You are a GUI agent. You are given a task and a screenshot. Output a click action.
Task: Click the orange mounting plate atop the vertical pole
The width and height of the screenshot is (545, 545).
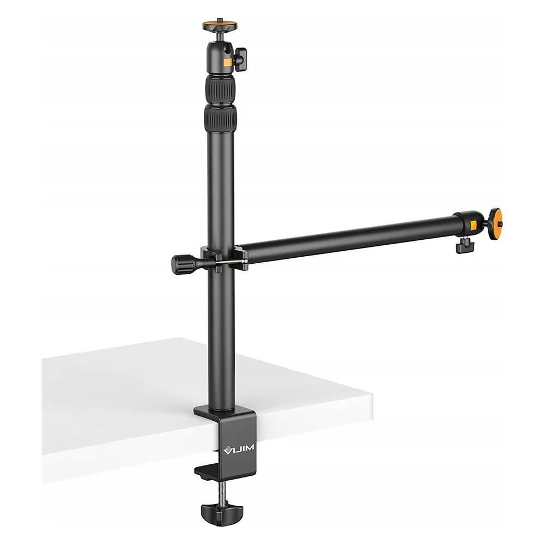coord(220,26)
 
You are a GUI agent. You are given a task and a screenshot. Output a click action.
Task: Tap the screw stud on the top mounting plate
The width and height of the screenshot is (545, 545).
coord(220,20)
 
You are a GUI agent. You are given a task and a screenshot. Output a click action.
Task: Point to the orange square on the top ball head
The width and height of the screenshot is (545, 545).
coord(228,63)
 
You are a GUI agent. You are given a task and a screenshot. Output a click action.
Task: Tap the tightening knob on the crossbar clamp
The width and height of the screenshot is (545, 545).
coord(184,265)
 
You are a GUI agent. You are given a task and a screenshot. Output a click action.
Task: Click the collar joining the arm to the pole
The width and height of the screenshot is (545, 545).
coord(224,258)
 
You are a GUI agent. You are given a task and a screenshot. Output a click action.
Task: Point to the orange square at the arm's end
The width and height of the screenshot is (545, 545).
coord(474,226)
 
